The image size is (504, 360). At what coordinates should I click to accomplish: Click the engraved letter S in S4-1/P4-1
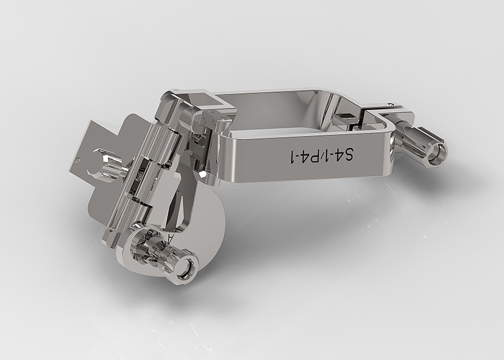tap(348, 155)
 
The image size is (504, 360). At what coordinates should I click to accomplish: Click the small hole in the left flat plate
tap(77, 159)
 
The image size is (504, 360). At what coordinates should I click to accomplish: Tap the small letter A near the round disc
tap(171, 238)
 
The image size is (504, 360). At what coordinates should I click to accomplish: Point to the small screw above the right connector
tap(390, 104)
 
